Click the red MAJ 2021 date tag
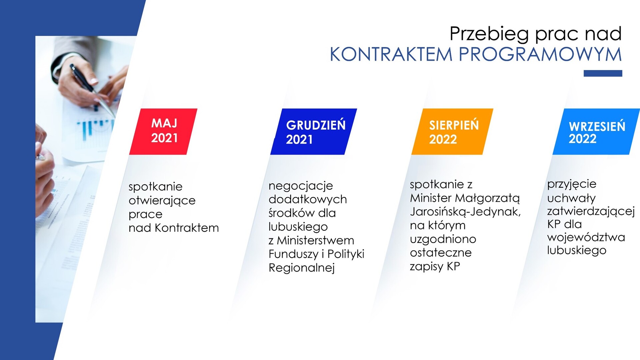[163, 131]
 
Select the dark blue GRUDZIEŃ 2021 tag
[314, 131]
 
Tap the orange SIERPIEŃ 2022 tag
[452, 131]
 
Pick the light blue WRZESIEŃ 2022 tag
[596, 131]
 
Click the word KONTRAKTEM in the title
[391, 54]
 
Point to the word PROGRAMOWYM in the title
[540, 54]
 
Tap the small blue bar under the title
[603, 73]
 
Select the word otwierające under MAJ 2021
[162, 201]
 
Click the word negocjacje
[301, 186]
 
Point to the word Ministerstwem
[315, 240]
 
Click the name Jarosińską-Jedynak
[465, 212]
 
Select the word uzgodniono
[443, 239]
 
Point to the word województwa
[586, 237]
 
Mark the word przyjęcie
[572, 184]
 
